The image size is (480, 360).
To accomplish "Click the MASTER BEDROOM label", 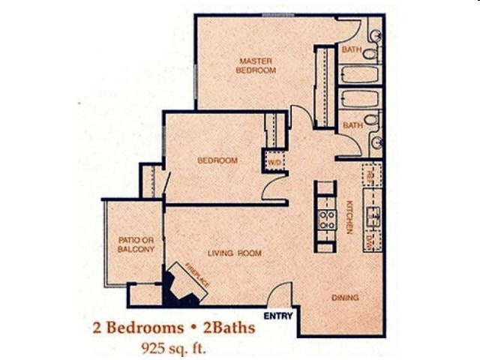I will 256,65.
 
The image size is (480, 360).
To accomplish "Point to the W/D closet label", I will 274,161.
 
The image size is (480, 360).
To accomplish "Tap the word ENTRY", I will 278,316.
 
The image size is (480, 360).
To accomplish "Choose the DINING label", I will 345,298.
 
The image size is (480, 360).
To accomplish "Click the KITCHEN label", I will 349,217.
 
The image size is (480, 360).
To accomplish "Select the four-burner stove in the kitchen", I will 326,219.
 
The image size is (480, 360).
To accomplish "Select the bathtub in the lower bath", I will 358,99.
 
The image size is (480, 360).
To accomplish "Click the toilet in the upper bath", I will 370,53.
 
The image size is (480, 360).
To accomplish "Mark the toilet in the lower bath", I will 370,120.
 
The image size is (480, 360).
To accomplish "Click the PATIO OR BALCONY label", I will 136,244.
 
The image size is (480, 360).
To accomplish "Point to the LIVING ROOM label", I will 235,253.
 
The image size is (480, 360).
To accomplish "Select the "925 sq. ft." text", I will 173,346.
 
